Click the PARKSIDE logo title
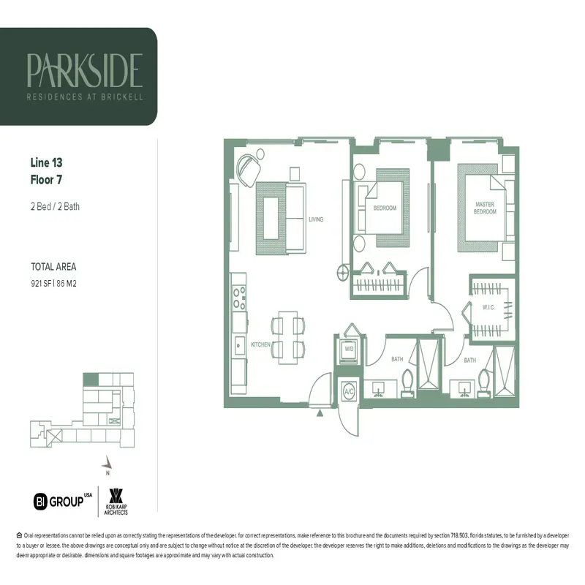point(84,69)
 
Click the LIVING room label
point(315,219)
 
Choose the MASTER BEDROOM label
point(486,208)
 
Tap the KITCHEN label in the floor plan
point(261,344)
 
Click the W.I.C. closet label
point(489,307)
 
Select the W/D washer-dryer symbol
point(349,350)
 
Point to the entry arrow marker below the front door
point(320,413)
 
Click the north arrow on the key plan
point(107,463)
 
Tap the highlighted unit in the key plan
point(89,380)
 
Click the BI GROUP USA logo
point(63,501)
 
